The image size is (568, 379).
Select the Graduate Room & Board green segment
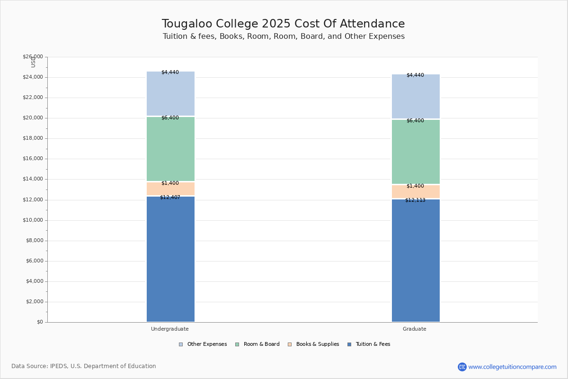tap(416, 152)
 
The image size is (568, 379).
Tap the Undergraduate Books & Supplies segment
tap(170, 189)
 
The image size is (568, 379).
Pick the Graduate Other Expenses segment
tap(416, 97)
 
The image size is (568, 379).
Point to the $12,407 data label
tap(170, 197)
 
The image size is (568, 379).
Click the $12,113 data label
tap(415, 200)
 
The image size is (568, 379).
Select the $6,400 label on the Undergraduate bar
tap(170, 117)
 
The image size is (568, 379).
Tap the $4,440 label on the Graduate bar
tap(415, 75)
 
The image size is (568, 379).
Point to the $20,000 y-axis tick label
tap(33, 118)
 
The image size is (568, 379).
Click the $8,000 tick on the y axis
tap(34, 241)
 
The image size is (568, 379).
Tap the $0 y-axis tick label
tap(39, 322)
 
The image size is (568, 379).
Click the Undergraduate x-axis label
tap(170, 329)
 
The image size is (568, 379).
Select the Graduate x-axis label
tap(415, 329)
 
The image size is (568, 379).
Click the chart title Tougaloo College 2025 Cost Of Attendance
tap(284, 24)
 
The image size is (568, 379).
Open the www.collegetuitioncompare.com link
tap(512, 367)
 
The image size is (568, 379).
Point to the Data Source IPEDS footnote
tap(84, 366)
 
